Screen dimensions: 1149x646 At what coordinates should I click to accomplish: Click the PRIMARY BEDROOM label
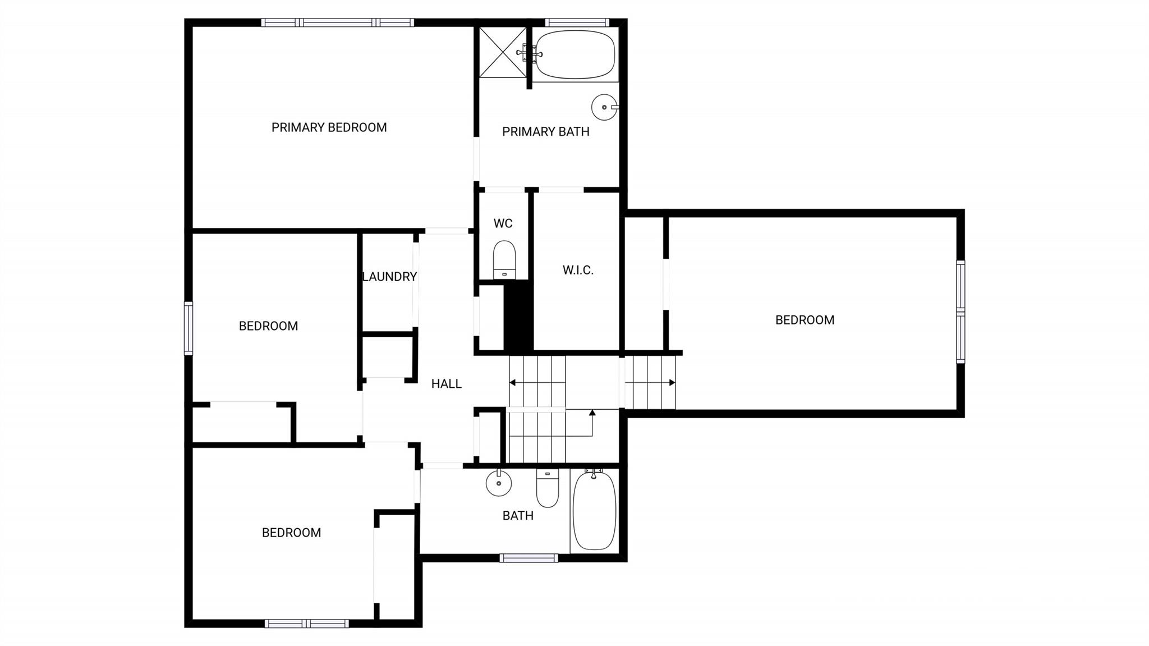(329, 127)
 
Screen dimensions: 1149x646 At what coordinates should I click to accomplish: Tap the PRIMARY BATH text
(545, 131)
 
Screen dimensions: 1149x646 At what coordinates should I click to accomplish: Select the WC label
(503, 223)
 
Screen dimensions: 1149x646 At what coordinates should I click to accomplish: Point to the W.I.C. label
(578, 270)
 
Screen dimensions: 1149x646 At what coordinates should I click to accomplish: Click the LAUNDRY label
(389, 277)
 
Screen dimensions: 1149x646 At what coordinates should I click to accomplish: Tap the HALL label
(446, 384)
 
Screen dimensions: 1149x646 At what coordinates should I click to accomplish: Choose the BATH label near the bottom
(518, 515)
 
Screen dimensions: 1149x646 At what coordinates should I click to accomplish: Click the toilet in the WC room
(504, 260)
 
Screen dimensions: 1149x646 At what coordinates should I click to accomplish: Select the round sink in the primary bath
(605, 107)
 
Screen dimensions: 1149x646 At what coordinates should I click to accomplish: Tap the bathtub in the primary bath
(575, 54)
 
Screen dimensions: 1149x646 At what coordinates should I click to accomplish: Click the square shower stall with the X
(503, 51)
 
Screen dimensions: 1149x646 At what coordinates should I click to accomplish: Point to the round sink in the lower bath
(498, 483)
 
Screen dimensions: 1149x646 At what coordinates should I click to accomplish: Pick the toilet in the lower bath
(548, 488)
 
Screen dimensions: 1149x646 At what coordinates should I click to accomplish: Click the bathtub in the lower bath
(594, 510)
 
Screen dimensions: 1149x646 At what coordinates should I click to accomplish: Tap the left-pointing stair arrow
(537, 383)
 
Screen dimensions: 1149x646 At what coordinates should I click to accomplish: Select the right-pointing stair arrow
(650, 383)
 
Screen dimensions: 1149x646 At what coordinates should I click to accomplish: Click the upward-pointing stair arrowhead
(592, 413)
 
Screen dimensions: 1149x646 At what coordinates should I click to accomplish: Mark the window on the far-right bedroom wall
(960, 312)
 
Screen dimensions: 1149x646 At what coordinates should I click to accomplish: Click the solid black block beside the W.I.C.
(518, 316)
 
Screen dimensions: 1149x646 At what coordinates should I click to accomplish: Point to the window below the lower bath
(528, 558)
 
